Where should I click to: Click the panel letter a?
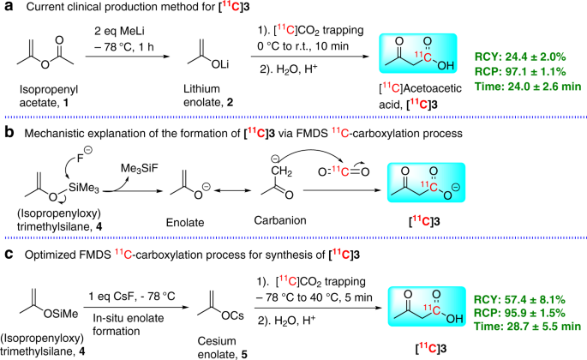6,9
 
